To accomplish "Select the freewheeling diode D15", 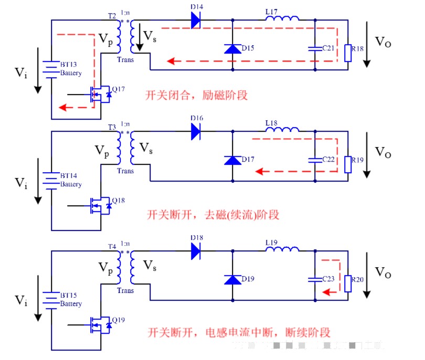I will click(x=232, y=48).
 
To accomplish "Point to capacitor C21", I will click(x=314, y=48).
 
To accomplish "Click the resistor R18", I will click(x=347, y=53).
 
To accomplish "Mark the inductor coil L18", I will click(x=282, y=130).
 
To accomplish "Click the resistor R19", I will click(x=347, y=164).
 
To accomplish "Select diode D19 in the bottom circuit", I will click(x=232, y=279).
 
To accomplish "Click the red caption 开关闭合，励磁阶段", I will click(x=197, y=96).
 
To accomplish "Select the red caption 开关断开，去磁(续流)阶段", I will click(x=212, y=214).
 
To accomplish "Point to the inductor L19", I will click(x=282, y=249).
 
